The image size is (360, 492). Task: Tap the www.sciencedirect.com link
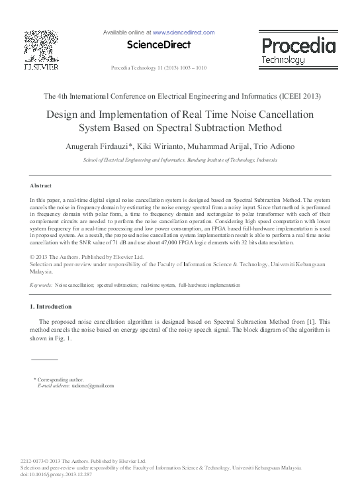pos(183,32)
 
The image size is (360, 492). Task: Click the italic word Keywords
pos(41,285)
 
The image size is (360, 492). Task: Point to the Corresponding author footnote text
pos(62,379)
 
